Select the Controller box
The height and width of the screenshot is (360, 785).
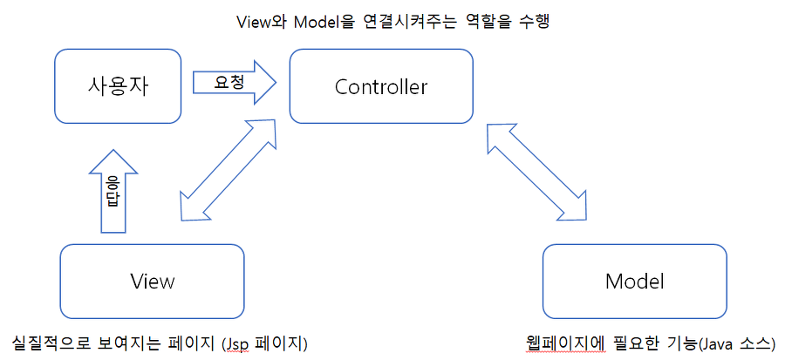coord(381,85)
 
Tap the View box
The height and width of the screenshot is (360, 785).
coord(152,281)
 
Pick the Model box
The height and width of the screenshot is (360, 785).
coord(634,281)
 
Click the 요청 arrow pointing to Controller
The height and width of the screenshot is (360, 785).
coord(234,82)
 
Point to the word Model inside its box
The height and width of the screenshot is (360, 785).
coord(634,282)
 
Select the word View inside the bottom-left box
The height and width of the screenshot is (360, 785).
coord(152,282)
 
